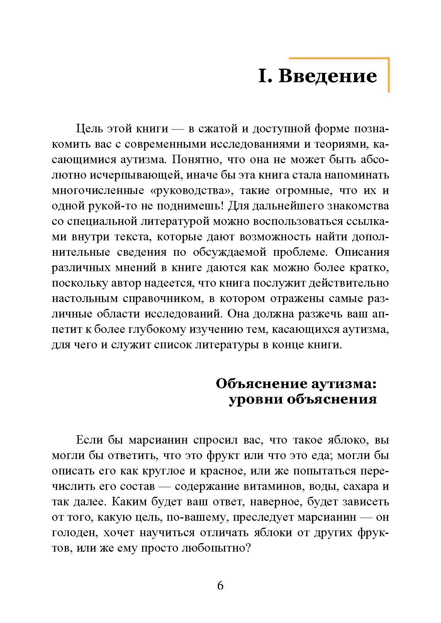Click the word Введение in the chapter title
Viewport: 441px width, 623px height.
327,76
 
